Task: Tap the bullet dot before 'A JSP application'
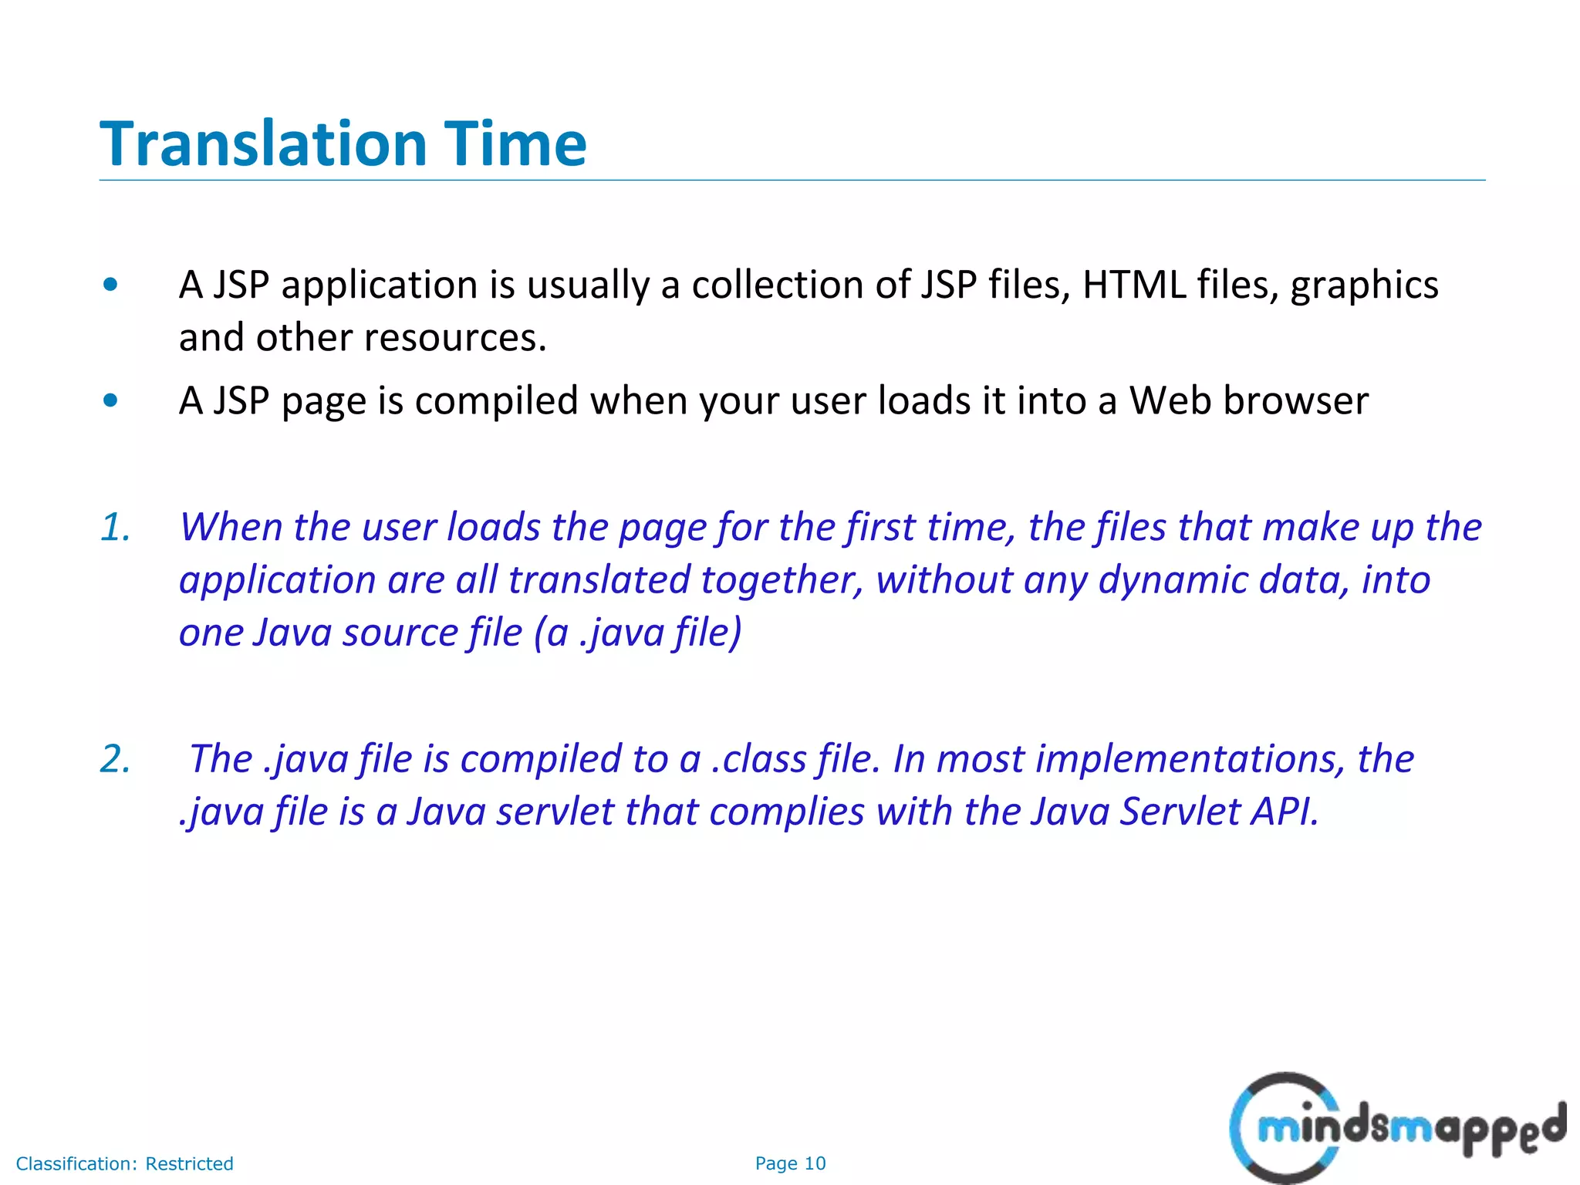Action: pos(110,285)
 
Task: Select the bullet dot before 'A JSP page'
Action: pos(110,400)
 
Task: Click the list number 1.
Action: pos(115,527)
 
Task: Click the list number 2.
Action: pos(115,759)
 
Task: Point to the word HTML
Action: pos(1133,285)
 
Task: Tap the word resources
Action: pos(455,338)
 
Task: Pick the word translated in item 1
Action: pos(599,580)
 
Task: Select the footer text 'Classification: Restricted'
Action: pos(124,1163)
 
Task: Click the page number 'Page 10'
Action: pos(790,1163)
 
